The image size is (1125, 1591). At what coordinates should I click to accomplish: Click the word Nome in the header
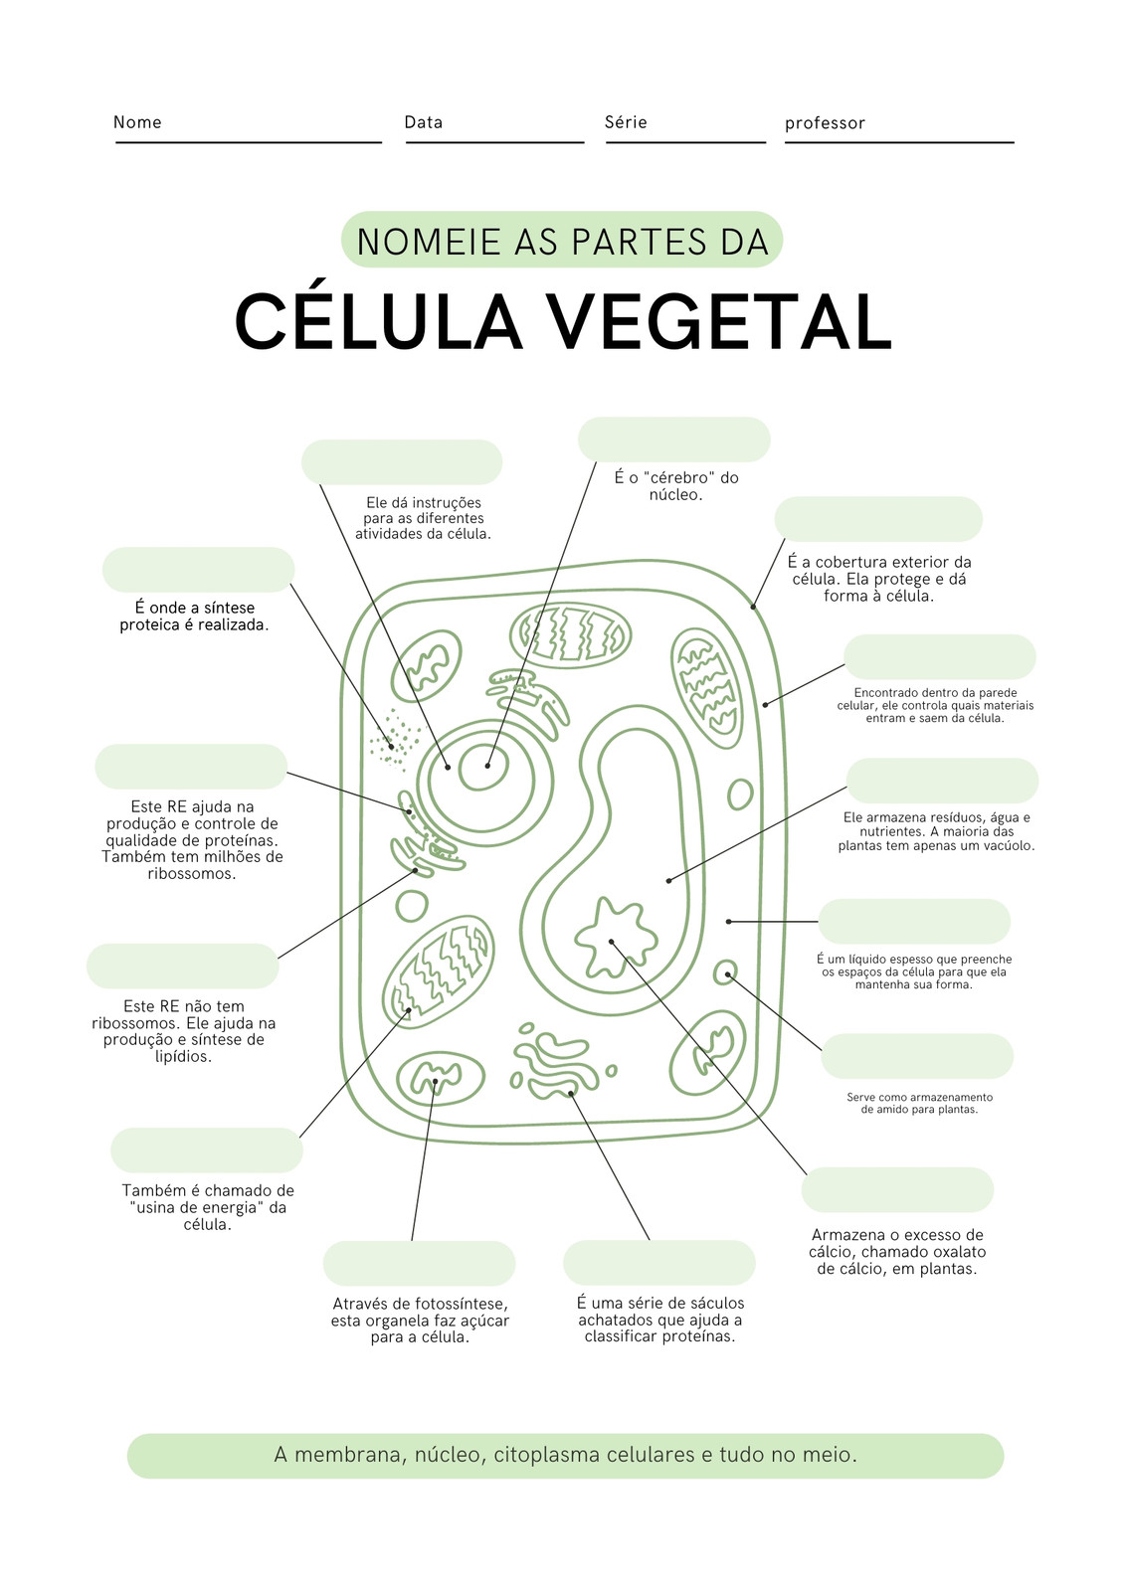(x=137, y=122)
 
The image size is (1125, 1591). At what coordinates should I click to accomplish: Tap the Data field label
(x=423, y=122)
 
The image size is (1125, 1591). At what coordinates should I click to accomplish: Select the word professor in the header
(x=825, y=123)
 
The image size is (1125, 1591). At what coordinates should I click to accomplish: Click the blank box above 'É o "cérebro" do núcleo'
(x=673, y=440)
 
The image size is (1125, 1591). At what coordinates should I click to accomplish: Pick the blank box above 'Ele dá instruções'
(x=402, y=462)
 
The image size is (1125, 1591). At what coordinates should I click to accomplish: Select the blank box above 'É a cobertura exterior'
(x=878, y=519)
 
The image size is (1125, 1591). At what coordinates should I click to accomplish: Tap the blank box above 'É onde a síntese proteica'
(x=198, y=570)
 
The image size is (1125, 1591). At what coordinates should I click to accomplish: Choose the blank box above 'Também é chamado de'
(x=207, y=1149)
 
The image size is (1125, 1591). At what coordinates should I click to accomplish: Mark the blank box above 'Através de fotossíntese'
(x=419, y=1264)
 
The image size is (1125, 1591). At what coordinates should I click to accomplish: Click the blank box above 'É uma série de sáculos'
(x=658, y=1263)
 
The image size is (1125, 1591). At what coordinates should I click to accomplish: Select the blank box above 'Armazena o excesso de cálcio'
(x=897, y=1189)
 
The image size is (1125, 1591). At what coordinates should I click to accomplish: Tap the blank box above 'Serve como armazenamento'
(x=917, y=1056)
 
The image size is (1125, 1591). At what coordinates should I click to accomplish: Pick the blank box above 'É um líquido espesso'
(x=914, y=921)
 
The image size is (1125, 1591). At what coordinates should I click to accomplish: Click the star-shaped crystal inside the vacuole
(x=615, y=939)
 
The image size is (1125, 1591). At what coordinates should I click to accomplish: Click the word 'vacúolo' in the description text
(x=1007, y=846)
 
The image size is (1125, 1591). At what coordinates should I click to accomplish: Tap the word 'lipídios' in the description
(x=183, y=1056)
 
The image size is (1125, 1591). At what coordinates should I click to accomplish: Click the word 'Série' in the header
(x=626, y=122)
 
